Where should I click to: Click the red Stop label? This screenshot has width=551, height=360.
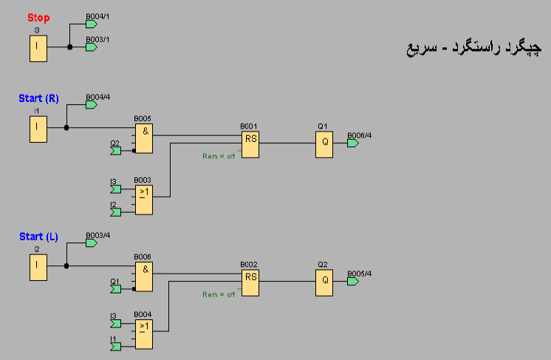38,17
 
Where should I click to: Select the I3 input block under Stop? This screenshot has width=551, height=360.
38,48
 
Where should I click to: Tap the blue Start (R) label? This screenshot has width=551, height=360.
38,98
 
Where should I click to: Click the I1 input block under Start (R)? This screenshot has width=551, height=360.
38,129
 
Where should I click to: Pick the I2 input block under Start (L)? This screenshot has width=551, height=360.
38,267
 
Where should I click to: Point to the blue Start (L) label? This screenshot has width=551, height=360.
38,237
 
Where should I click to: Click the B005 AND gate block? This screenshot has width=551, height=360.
143,138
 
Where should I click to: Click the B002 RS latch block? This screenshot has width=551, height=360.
250,282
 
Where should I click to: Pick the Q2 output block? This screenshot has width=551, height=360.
324,282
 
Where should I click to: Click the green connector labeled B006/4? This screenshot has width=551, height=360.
353,143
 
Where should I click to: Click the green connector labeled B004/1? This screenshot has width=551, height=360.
92,24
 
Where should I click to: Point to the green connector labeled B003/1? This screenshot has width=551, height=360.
92,47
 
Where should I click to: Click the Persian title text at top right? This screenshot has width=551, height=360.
473,48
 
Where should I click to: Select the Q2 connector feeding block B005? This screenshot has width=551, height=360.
115,151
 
